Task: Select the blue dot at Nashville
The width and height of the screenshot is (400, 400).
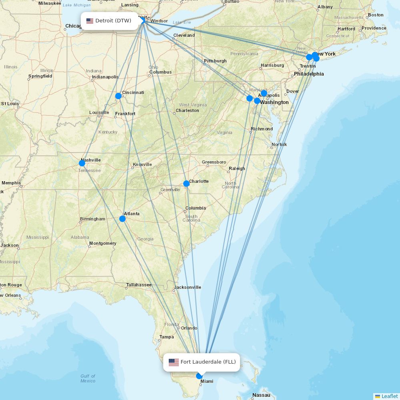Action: click(x=82, y=163)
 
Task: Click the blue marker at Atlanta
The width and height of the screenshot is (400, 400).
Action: click(x=122, y=218)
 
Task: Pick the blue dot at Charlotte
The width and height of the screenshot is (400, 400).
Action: click(x=186, y=184)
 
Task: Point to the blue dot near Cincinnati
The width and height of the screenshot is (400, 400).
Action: click(x=118, y=96)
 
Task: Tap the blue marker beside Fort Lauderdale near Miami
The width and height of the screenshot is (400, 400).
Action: click(x=199, y=376)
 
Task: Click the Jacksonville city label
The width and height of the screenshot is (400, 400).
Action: click(x=188, y=287)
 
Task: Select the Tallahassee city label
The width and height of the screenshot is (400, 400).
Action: click(x=139, y=285)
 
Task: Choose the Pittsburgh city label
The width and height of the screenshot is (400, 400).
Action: click(x=215, y=61)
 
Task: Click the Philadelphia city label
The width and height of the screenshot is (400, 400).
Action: click(x=309, y=74)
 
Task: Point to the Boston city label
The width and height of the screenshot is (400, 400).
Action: click(x=376, y=15)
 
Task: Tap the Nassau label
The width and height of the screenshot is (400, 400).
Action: click(x=261, y=395)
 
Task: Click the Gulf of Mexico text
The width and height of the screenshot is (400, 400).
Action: click(x=88, y=378)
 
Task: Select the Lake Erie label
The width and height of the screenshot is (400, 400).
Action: click(x=182, y=22)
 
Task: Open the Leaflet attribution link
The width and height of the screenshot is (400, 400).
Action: click(x=389, y=396)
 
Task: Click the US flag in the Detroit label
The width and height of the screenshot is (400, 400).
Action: click(x=90, y=21)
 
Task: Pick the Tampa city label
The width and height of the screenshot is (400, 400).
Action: click(x=166, y=337)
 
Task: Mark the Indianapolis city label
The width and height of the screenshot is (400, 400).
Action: click(x=105, y=77)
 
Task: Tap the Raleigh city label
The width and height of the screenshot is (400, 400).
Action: click(x=237, y=168)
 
